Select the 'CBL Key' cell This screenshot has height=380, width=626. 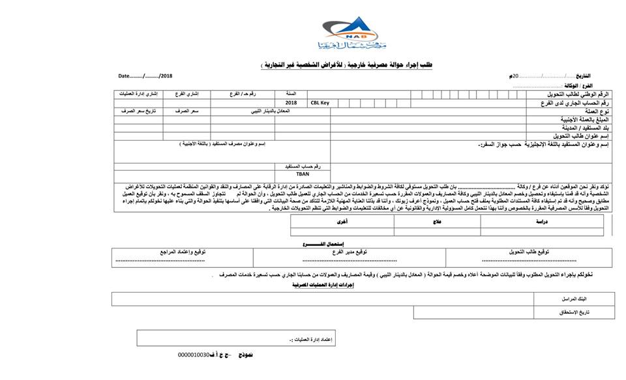(x=320, y=103)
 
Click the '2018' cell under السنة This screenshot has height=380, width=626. (x=291, y=103)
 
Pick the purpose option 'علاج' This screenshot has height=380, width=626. (x=430, y=222)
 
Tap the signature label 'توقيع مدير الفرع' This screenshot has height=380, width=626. (x=349, y=251)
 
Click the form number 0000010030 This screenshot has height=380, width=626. (x=193, y=355)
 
